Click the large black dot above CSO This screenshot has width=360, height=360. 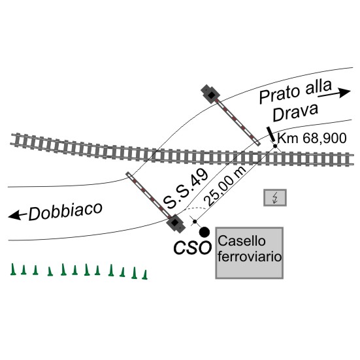[x=205, y=232]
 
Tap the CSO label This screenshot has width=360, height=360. [x=192, y=248]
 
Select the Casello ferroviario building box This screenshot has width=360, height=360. [x=249, y=253]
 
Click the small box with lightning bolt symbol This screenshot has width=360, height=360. [x=275, y=197]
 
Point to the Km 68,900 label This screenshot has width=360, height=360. [x=312, y=139]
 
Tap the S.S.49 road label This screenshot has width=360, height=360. [x=186, y=188]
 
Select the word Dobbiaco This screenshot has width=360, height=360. [x=65, y=211]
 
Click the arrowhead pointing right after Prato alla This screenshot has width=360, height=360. [x=344, y=92]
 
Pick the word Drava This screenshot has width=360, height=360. [x=295, y=112]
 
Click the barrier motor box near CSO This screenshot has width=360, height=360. [x=176, y=223]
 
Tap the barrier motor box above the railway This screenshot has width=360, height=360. [x=210, y=94]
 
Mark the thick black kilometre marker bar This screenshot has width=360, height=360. [x=270, y=135]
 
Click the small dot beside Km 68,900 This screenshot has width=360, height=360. [x=275, y=146]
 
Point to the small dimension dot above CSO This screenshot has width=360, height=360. [x=195, y=221]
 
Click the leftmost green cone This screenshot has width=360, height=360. [x=13, y=269]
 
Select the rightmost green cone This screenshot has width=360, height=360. [x=144, y=274]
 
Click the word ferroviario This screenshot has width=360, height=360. [x=250, y=257]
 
